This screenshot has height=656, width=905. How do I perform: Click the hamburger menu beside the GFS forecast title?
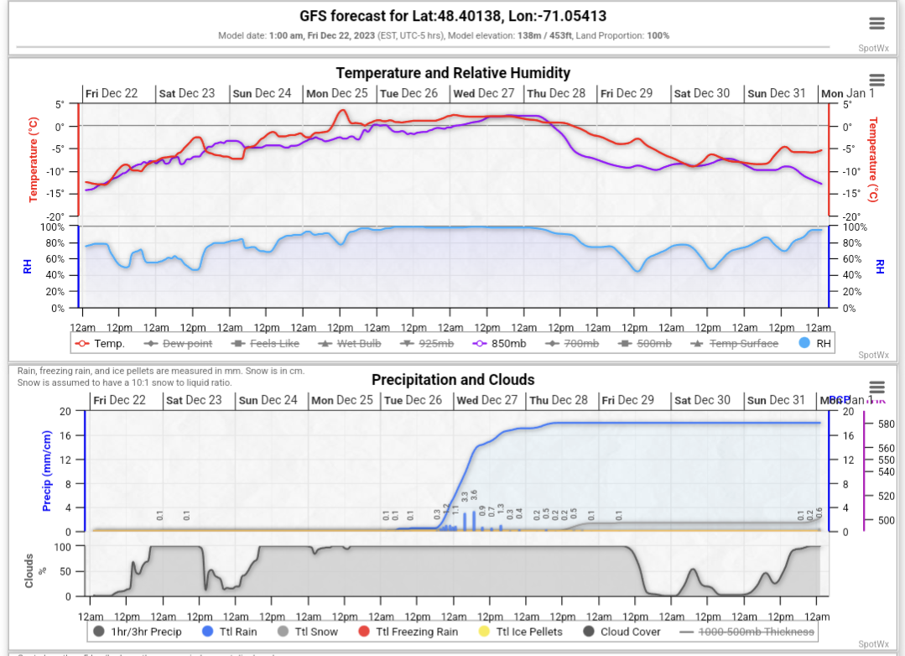point(876,23)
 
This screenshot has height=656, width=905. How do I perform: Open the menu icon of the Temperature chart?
point(876,80)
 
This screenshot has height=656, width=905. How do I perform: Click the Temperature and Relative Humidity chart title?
point(453,73)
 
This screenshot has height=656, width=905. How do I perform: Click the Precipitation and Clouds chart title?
point(453,380)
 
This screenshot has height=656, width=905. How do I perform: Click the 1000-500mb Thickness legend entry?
point(756,632)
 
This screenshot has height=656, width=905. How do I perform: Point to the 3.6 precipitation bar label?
point(474,497)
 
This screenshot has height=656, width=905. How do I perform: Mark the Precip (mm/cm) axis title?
point(47,471)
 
